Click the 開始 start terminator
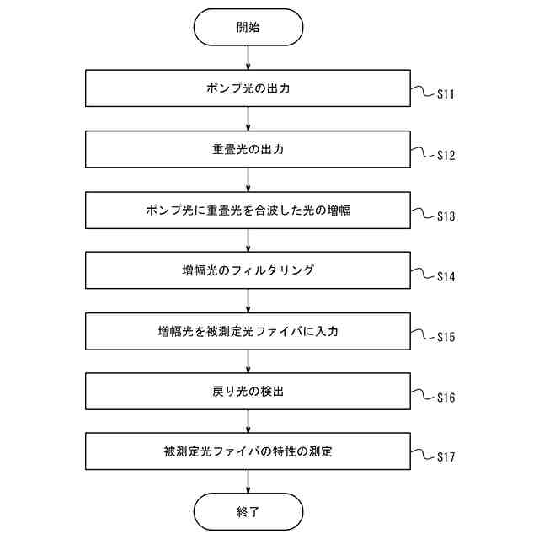pyautogui.click(x=248, y=27)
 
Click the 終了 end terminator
pyautogui.click(x=248, y=511)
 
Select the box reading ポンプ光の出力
pyautogui.click(x=248, y=88)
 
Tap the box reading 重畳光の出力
pyautogui.click(x=248, y=149)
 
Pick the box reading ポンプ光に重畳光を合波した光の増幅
pyautogui.click(x=248, y=210)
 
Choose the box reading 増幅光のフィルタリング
pyautogui.click(x=248, y=270)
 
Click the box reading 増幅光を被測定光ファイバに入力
pyautogui.click(x=248, y=331)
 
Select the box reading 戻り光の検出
pyautogui.click(x=248, y=392)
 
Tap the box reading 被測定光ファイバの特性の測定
pyautogui.click(x=248, y=452)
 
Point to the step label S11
pyautogui.click(x=446, y=94)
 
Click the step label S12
pyautogui.click(x=446, y=156)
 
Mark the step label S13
pyautogui.click(x=446, y=216)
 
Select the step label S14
pyautogui.click(x=446, y=277)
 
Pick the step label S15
pyautogui.click(x=446, y=338)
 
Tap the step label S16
pyautogui.click(x=446, y=398)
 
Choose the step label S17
pyautogui.click(x=446, y=458)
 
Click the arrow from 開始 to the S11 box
pyautogui.click(x=248, y=58)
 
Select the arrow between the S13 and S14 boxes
pyautogui.click(x=248, y=240)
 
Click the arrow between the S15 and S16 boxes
pyautogui.click(x=248, y=361)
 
